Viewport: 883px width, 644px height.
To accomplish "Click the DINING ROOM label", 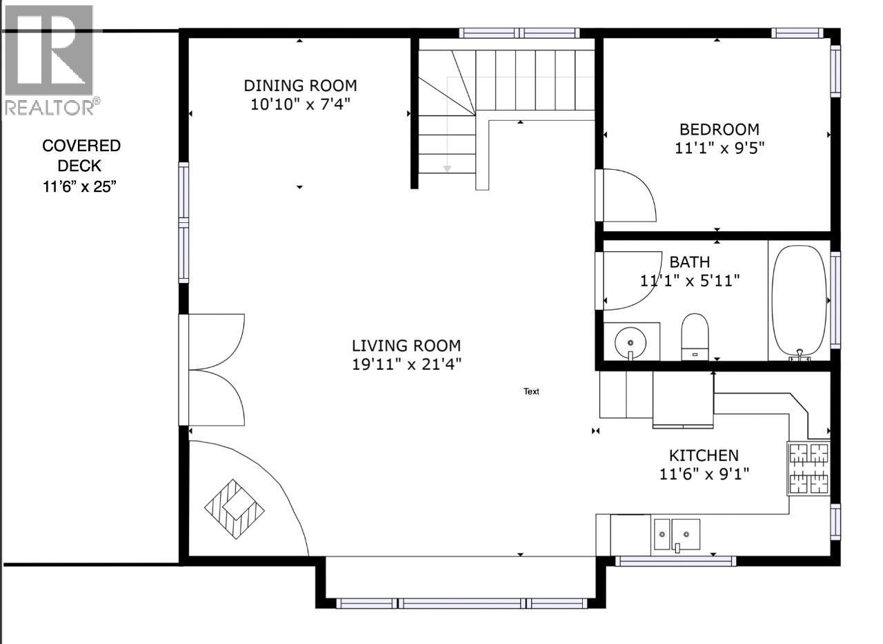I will pyautogui.click(x=300, y=86).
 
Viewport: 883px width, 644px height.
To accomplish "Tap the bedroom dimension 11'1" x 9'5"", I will pyautogui.click(x=720, y=148).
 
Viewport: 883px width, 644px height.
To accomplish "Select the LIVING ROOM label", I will pyautogui.click(x=406, y=346).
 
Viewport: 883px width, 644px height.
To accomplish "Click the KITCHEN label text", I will pyautogui.click(x=704, y=456).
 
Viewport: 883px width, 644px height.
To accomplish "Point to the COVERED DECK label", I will pyautogui.click(x=81, y=155).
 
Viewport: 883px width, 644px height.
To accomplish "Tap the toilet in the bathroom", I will pyautogui.click(x=695, y=336).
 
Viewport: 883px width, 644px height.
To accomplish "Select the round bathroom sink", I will pyautogui.click(x=630, y=341).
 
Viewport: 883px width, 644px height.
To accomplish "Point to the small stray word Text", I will pyautogui.click(x=531, y=391).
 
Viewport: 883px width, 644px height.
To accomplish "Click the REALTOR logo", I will pyautogui.click(x=50, y=59).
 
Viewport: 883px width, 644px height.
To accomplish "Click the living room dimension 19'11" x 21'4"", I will pyautogui.click(x=406, y=364).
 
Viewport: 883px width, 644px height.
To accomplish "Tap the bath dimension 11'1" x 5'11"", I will pyautogui.click(x=690, y=280).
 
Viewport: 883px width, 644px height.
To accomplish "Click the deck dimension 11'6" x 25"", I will pyautogui.click(x=81, y=186).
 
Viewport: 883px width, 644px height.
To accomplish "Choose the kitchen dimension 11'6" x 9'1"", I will pyautogui.click(x=704, y=474).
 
